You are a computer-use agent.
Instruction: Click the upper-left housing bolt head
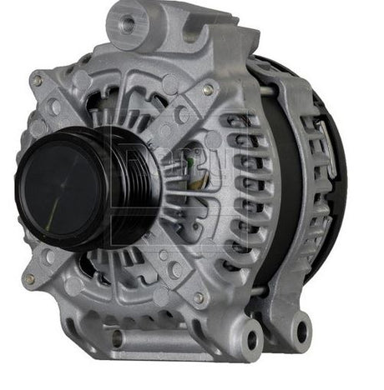[37, 82]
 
